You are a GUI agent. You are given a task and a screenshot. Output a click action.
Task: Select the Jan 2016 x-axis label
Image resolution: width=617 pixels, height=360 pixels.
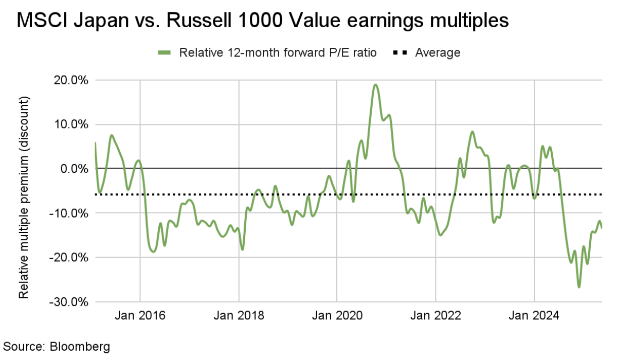pyautogui.click(x=140, y=315)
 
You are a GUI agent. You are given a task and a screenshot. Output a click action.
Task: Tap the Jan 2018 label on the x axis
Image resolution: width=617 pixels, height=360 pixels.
pyautogui.click(x=239, y=315)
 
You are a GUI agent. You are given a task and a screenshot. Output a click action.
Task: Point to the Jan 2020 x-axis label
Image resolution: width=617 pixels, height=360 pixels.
pyautogui.click(x=337, y=315)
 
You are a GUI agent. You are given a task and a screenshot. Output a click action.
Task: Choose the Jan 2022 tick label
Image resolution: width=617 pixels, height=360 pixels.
pyautogui.click(x=435, y=315)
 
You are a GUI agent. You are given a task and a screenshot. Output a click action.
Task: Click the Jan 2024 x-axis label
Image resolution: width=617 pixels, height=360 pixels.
pyautogui.click(x=534, y=315)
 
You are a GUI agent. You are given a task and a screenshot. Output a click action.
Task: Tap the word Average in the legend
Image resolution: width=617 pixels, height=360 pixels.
pyautogui.click(x=438, y=52)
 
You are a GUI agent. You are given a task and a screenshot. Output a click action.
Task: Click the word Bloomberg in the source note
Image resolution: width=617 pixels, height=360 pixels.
pyautogui.click(x=80, y=346)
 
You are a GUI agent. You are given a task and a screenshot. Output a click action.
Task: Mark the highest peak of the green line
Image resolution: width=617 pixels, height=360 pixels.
pyautogui.click(x=376, y=85)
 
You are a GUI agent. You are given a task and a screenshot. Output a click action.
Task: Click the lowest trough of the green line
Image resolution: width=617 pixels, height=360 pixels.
pyautogui.click(x=579, y=287)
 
